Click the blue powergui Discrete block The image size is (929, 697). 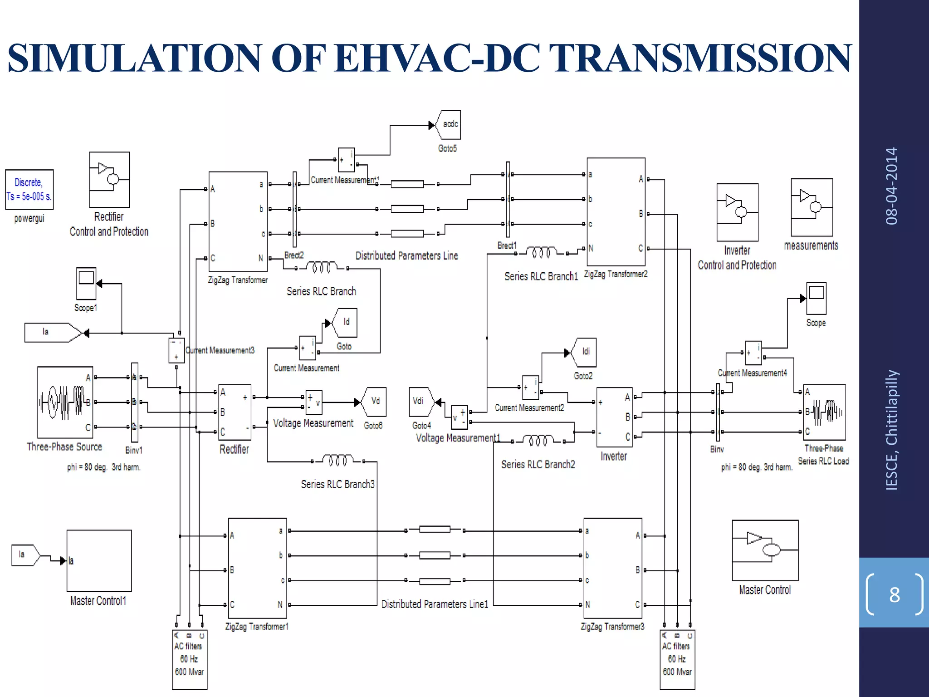pos(29,189)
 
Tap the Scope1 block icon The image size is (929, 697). pos(86,283)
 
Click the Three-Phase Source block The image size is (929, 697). pos(65,402)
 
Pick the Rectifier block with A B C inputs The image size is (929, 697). pos(235,412)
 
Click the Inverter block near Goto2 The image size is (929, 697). pos(614,417)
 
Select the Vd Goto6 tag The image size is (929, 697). pos(374,402)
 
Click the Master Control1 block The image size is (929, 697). pos(99,560)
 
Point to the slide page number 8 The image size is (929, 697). pos(894,594)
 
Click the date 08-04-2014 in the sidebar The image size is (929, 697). pos(891,186)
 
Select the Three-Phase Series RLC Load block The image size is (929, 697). pos(824,412)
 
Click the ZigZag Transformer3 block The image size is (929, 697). pos(613,568)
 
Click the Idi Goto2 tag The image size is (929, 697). pos(585,352)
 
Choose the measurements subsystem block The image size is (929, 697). pos(812,207)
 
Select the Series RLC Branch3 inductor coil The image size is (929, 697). pos(338,461)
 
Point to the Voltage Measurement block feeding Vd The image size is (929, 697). pos(314,402)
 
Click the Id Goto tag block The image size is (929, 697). pos(345,323)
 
